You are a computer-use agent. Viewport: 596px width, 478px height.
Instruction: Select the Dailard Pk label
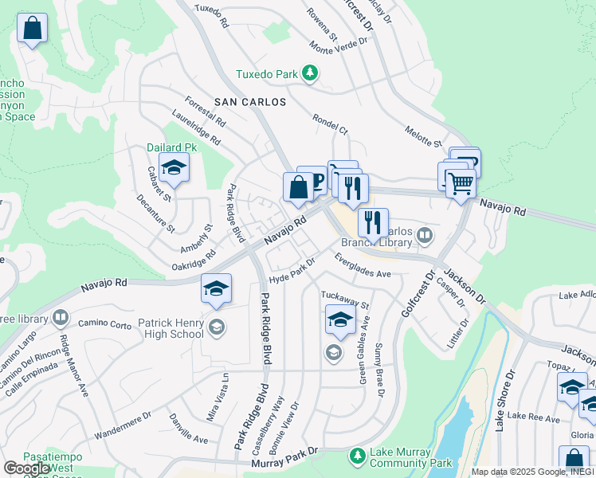point(171,147)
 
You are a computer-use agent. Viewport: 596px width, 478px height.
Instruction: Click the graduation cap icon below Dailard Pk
point(173,168)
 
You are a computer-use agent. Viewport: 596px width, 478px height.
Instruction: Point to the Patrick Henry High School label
point(171,328)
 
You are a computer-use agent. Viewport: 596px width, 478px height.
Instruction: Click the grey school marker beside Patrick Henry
point(216,327)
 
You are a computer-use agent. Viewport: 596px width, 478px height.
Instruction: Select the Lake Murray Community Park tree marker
point(358,456)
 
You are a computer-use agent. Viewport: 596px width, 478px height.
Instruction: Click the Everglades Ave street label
point(363,266)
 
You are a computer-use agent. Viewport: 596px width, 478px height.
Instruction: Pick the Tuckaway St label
point(346,300)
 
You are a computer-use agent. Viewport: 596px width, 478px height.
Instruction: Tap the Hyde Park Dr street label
point(292,271)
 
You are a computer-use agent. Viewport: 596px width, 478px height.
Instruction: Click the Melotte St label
point(423,135)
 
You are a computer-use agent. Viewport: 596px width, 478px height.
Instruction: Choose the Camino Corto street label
point(104,325)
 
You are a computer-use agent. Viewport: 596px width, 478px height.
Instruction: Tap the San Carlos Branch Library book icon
point(425,235)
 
